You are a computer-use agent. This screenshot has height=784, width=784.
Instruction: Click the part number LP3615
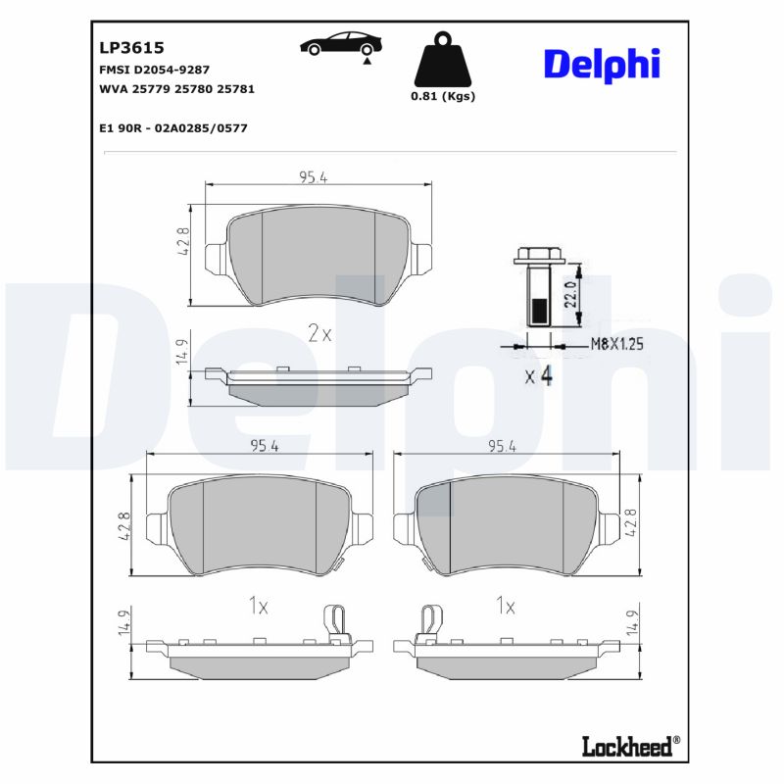coord(130,46)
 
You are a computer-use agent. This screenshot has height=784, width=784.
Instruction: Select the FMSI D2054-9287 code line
coord(154,71)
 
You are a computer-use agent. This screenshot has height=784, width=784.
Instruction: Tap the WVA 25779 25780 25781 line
coord(176,89)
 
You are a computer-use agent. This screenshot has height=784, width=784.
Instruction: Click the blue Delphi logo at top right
coord(601,64)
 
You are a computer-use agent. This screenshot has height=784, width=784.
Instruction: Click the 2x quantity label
coord(319,333)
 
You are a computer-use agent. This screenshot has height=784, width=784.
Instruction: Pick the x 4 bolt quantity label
coord(538,375)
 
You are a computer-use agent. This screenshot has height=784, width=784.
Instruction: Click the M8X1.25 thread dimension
coord(615,345)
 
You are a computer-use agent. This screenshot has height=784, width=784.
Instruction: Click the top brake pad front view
coord(318,253)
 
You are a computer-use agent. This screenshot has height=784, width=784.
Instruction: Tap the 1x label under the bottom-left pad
coord(258,607)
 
